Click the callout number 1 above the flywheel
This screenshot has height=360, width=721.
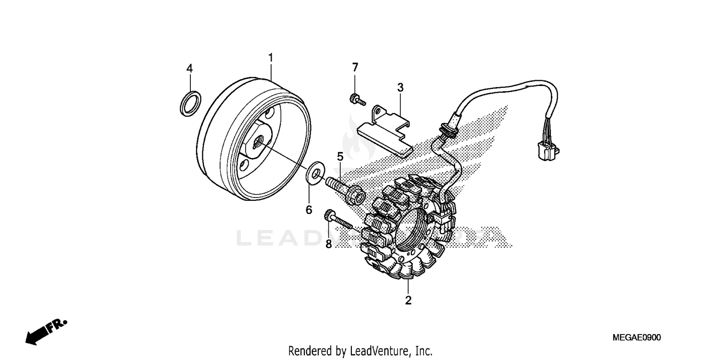271,58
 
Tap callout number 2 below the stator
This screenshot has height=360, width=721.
408,301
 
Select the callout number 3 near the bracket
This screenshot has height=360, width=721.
400,87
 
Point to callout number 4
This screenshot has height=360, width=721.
189,69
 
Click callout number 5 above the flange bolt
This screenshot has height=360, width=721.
340,156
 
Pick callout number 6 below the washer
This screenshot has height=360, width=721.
309,210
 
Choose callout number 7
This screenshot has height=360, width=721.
355,67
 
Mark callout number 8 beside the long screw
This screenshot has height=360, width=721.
328,244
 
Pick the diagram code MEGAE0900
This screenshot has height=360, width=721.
636,338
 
